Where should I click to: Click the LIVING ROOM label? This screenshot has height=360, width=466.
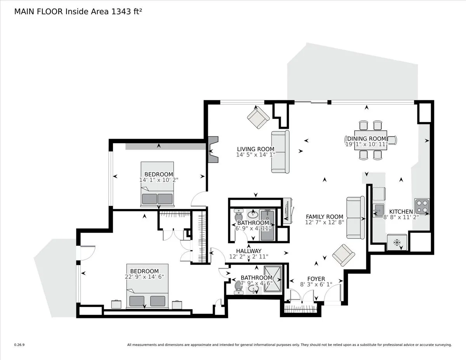(x=256, y=149)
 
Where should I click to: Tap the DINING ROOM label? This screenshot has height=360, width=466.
(x=367, y=139)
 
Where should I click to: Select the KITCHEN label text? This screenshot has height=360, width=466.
(x=401, y=212)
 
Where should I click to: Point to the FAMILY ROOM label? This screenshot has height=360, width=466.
(x=324, y=217)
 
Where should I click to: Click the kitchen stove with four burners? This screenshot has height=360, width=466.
(x=422, y=206)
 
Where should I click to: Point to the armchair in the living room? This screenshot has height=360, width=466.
(x=258, y=117)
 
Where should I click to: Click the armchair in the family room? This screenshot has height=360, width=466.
(x=343, y=255)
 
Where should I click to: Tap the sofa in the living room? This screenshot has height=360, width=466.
(x=280, y=151)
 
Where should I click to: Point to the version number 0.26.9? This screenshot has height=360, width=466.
(x=19, y=344)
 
